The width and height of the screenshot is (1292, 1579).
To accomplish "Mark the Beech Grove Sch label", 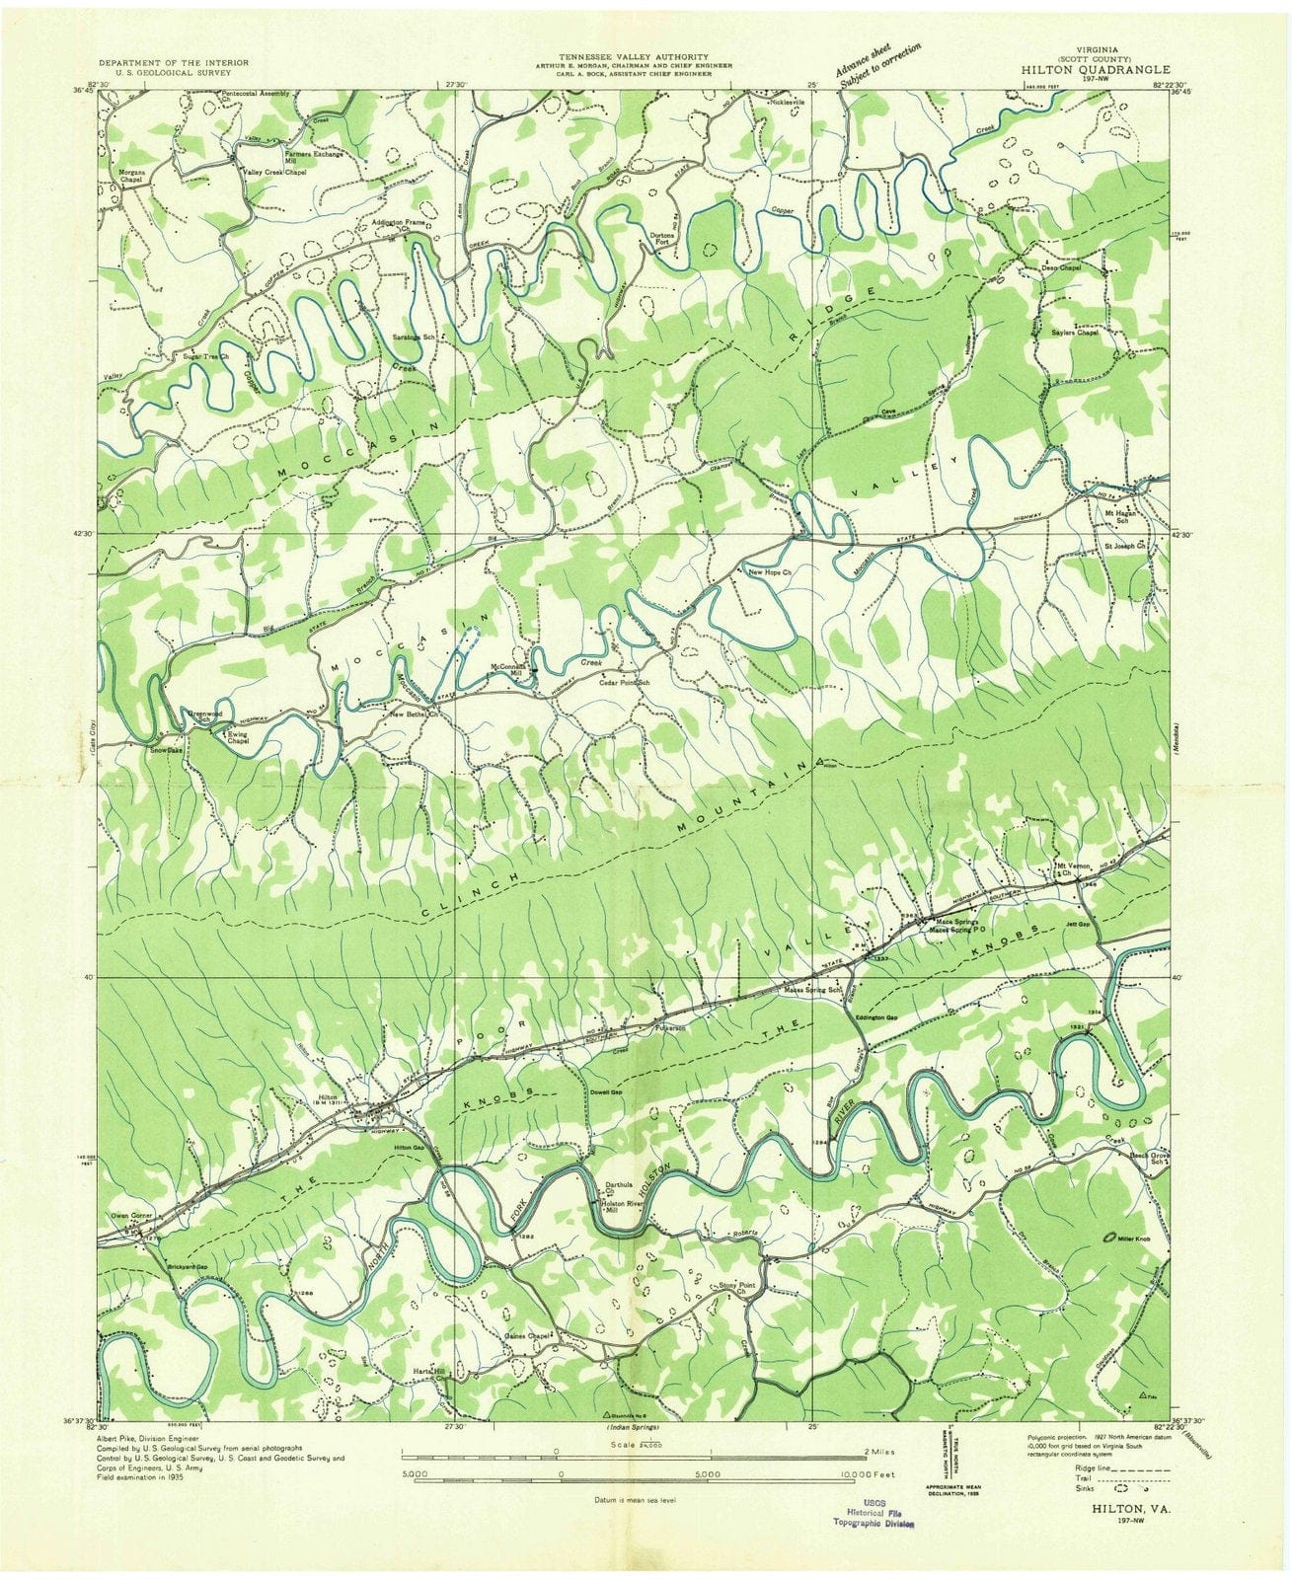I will [1151, 1158].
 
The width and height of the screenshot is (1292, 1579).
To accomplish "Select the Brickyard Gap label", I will [186, 1266].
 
